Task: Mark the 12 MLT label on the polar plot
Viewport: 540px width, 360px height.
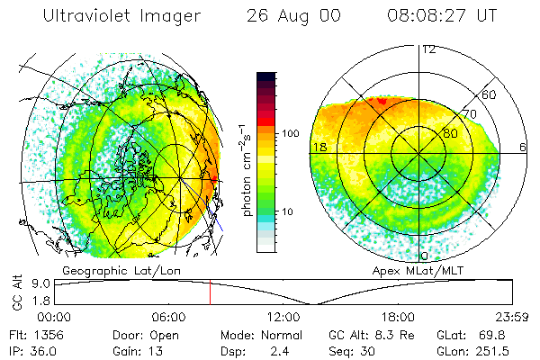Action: tap(428, 49)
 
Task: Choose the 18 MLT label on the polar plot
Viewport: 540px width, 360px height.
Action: tap(319, 146)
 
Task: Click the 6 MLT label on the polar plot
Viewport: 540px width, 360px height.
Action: tap(524, 146)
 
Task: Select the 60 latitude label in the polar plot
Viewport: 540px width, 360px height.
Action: tap(490, 94)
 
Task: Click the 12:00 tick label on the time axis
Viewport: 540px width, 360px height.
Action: tap(283, 317)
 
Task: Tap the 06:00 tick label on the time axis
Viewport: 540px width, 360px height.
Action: tap(168, 317)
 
